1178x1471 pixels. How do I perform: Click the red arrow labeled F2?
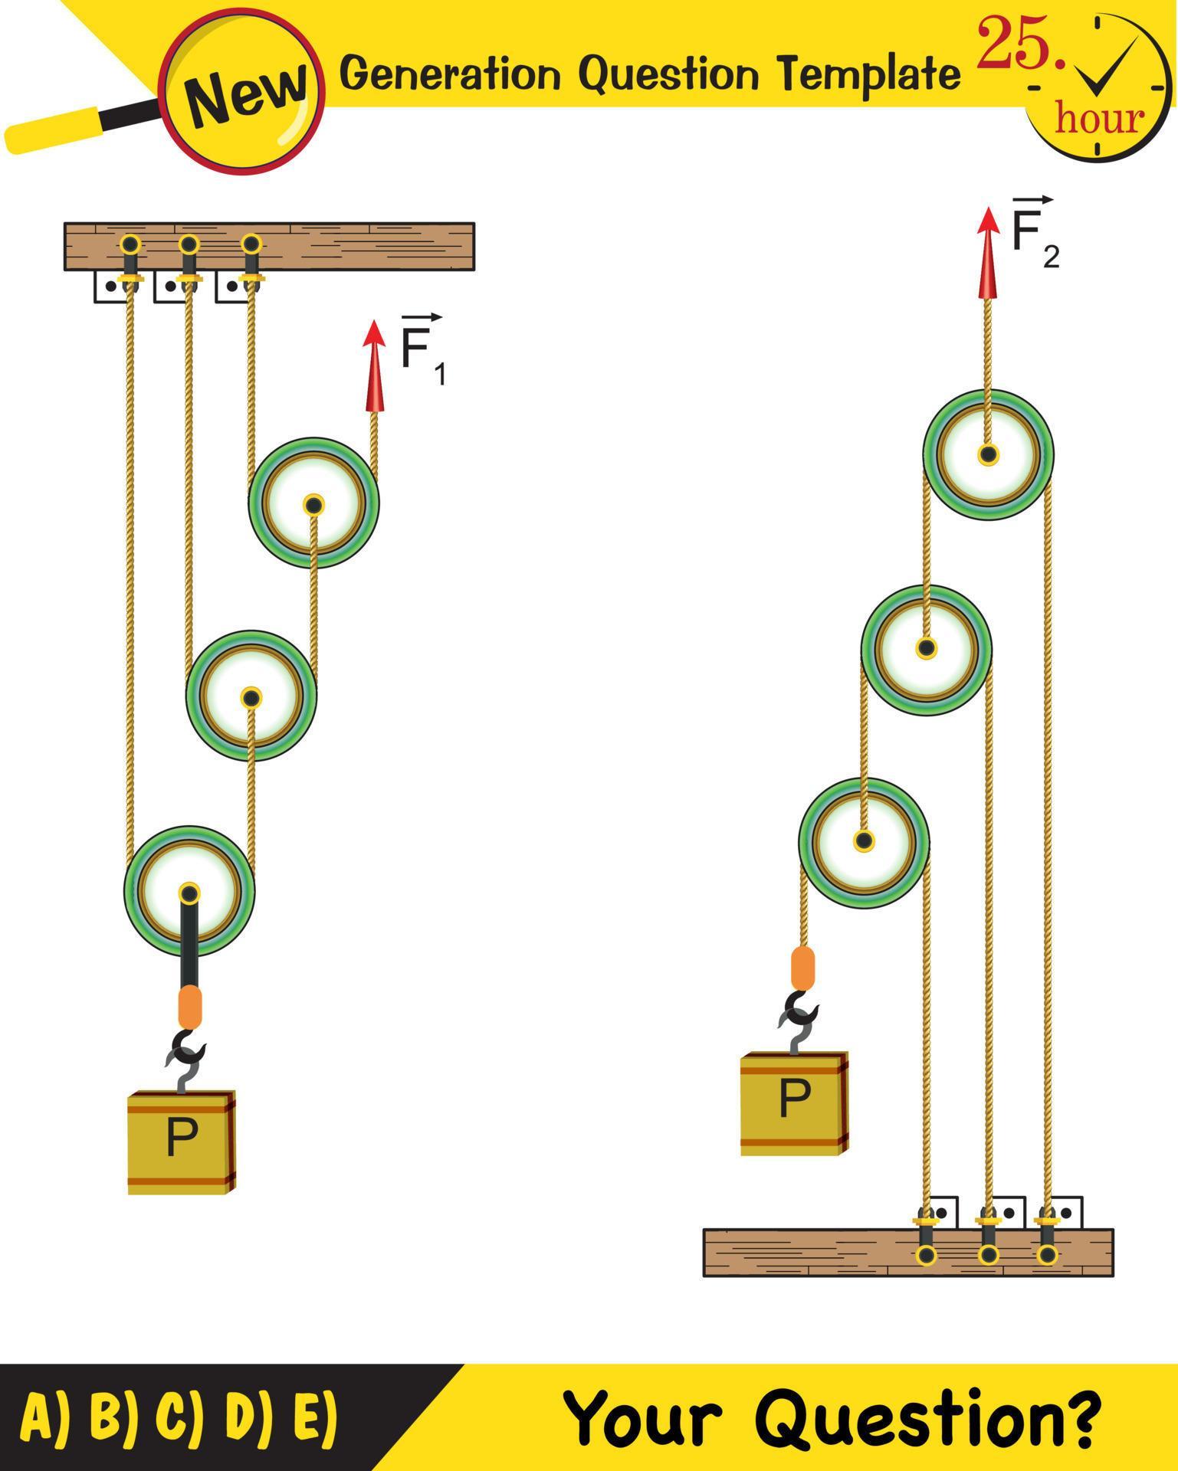tap(989, 253)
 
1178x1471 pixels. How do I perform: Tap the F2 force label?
tap(1034, 233)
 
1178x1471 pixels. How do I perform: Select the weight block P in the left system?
tap(181, 1142)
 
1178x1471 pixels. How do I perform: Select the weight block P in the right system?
tap(794, 1103)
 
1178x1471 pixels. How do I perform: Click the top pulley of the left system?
tap(313, 503)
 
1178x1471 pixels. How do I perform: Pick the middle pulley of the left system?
tap(251, 696)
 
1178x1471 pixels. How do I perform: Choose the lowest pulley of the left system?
tap(189, 891)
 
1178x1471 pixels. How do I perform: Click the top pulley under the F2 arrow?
tap(988, 454)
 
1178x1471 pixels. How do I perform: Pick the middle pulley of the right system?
tap(926, 649)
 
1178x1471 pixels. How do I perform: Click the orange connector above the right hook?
tap(802, 968)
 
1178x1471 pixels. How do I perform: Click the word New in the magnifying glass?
tap(244, 93)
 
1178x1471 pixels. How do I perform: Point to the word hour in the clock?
tap(1098, 119)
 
